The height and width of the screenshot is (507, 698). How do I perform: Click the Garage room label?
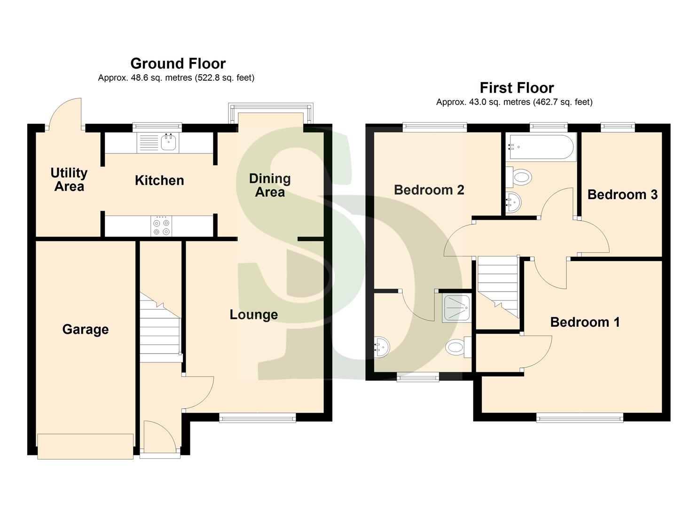click(x=86, y=330)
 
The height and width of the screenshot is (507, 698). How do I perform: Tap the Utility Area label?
click(x=69, y=180)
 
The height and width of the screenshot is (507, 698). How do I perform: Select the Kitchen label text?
click(x=159, y=181)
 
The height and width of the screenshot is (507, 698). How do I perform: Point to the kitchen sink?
click(x=168, y=141)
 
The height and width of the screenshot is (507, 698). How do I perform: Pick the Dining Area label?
click(x=270, y=185)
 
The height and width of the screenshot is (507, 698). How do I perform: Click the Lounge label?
click(x=254, y=315)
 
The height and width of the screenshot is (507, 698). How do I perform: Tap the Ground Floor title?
click(x=178, y=63)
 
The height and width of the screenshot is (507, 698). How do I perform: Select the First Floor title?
click(x=517, y=88)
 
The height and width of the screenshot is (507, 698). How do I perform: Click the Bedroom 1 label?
click(x=585, y=322)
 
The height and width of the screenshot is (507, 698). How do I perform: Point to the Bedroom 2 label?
click(x=429, y=190)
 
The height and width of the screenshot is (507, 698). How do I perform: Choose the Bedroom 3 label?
click(x=622, y=195)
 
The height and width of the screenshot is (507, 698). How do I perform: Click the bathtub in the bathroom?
click(x=541, y=147)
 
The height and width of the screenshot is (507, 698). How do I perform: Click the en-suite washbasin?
click(x=382, y=347)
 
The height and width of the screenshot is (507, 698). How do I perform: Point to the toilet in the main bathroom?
click(x=520, y=177)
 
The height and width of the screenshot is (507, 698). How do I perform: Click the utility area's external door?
click(x=65, y=113)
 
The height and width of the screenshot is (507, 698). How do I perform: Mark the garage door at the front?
click(x=85, y=446)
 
